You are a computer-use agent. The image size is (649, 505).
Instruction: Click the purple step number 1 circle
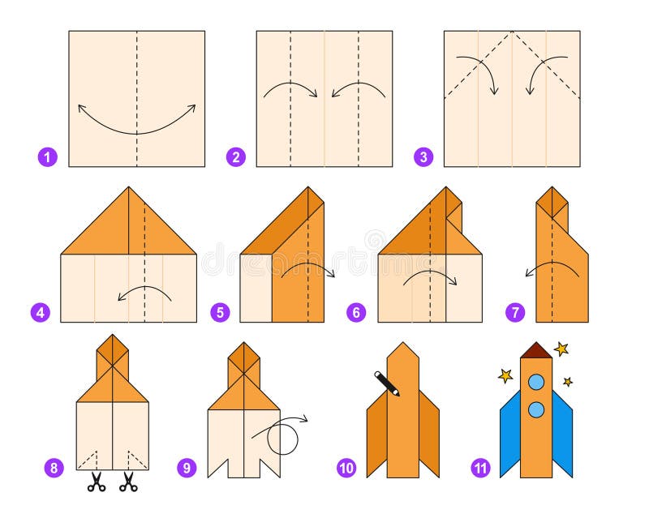[48, 156]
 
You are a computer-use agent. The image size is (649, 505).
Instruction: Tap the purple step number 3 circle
[423, 156]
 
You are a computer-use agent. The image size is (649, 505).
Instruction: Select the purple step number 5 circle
[219, 311]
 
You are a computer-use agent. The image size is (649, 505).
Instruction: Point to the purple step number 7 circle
[515, 311]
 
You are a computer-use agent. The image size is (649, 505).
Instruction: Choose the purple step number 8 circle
[54, 467]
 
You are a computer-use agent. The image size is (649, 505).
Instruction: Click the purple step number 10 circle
[346, 467]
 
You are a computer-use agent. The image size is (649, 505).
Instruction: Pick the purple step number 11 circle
[479, 467]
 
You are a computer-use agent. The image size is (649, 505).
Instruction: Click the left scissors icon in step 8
[97, 483]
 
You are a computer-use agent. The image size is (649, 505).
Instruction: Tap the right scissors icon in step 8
[128, 483]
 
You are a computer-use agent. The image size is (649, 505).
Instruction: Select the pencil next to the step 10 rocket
[387, 383]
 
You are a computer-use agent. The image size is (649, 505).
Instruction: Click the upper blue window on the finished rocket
[536, 381]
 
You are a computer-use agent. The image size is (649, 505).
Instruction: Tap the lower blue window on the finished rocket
[536, 409]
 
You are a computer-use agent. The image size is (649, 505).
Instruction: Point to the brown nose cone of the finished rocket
[536, 350]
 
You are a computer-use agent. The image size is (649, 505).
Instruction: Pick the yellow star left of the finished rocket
[505, 376]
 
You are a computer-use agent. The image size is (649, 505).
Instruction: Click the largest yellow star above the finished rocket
[561, 349]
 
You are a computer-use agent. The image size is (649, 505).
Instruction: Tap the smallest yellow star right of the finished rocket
[568, 381]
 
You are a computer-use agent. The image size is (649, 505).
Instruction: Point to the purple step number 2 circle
[236, 156]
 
